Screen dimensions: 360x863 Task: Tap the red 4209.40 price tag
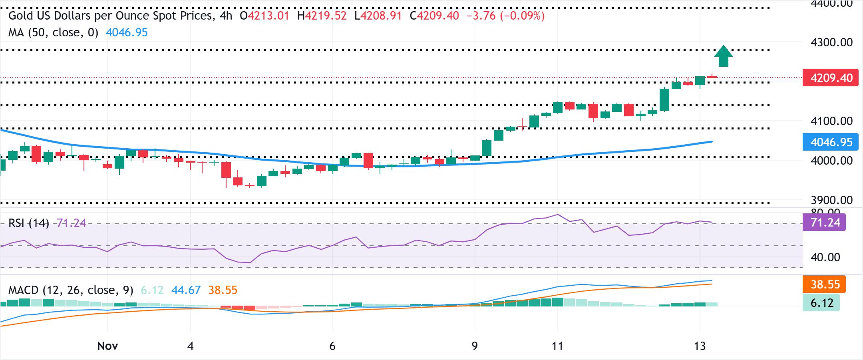pyautogui.click(x=830, y=78)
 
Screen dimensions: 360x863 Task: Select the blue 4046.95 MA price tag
pyautogui.click(x=830, y=142)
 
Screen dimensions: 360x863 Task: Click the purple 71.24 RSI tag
pyautogui.click(x=824, y=223)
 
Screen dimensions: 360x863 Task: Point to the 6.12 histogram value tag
pyautogui.click(x=821, y=303)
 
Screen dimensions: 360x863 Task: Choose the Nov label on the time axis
pyautogui.click(x=107, y=346)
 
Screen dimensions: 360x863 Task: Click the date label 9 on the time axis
pyautogui.click(x=475, y=346)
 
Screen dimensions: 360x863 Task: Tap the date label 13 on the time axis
pyautogui.click(x=700, y=346)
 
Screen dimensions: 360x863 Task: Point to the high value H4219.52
pyautogui.click(x=322, y=16)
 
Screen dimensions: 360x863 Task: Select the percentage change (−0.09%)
pyautogui.click(x=522, y=16)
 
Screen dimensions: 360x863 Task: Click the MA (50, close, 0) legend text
pyautogui.click(x=53, y=32)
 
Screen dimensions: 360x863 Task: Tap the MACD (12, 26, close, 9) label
pyautogui.click(x=71, y=290)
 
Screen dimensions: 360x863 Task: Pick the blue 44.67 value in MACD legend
pyautogui.click(x=186, y=290)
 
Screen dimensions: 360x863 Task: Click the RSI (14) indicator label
pyautogui.click(x=29, y=223)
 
